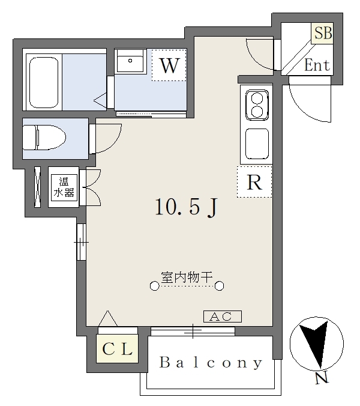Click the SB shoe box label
pyautogui.click(x=323, y=33)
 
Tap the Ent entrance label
pyautogui.click(x=317, y=65)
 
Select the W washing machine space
pyautogui.click(x=169, y=65)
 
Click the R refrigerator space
pyautogui.click(x=254, y=182)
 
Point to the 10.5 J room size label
pyautogui.click(x=186, y=207)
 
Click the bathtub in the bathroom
pyautogui.click(x=44, y=82)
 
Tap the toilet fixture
pyautogui.click(x=44, y=138)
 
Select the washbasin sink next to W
pyautogui.click(x=130, y=61)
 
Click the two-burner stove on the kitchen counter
pyautogui.click(x=257, y=105)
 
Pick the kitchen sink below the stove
pyautogui.click(x=257, y=144)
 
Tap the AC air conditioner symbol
pyautogui.click(x=223, y=317)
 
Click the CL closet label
pyautogui.click(x=117, y=349)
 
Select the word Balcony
pyautogui.click(x=211, y=362)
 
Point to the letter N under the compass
pyautogui.click(x=322, y=378)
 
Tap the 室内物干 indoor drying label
pyautogui.click(x=187, y=277)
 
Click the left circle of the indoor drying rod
pyautogui.click(x=154, y=286)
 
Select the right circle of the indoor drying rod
pyautogui.click(x=220, y=286)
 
